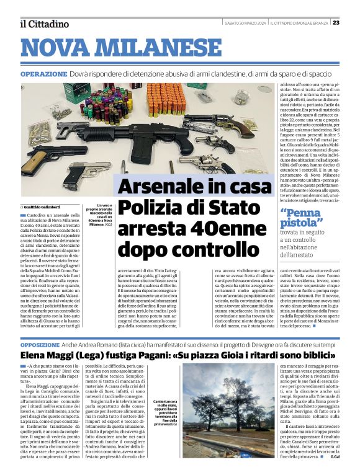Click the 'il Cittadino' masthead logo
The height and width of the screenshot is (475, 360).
[44, 24]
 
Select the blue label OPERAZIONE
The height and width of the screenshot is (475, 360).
[43, 74]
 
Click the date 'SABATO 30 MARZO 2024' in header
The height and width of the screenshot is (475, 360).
[245, 23]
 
